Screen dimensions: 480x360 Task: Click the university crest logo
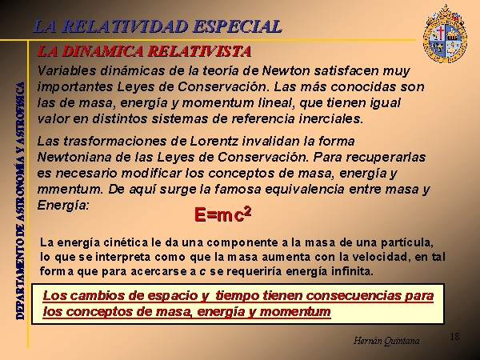[x=445, y=34]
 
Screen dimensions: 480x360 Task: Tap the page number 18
[x=454, y=337]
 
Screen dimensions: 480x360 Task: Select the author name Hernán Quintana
[x=386, y=341]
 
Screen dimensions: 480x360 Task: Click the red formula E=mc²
[x=222, y=214]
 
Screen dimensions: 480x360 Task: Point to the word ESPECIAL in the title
[x=238, y=26]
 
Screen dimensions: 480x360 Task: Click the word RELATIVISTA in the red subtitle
[x=199, y=51]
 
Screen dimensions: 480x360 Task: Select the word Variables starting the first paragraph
[x=66, y=71]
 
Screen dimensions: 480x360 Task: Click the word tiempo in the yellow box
[x=238, y=296]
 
